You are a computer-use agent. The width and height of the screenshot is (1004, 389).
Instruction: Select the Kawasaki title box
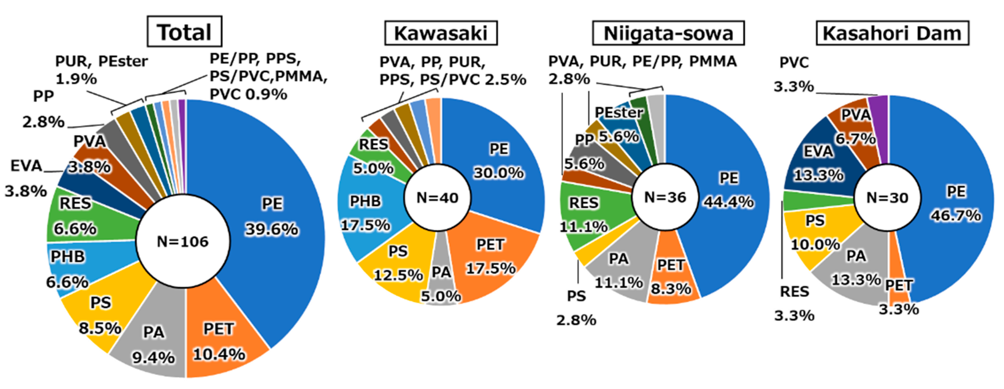[x=440, y=33]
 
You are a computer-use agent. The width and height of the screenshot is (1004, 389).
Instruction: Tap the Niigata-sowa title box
[x=668, y=33]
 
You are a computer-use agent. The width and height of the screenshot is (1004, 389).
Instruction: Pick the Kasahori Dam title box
[x=892, y=33]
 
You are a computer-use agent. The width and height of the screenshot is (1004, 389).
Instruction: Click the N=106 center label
[x=182, y=242]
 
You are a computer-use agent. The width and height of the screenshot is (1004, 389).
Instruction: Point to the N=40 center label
[x=437, y=198]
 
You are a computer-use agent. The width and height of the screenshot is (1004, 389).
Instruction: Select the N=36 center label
[x=665, y=197]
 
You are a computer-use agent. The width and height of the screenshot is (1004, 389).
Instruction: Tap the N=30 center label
[x=887, y=198]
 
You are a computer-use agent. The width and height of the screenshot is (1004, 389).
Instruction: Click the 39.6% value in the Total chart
[x=272, y=230]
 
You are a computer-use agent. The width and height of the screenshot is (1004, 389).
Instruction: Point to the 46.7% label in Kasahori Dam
[x=956, y=215]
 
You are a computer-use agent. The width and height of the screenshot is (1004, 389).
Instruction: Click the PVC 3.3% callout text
[x=794, y=74]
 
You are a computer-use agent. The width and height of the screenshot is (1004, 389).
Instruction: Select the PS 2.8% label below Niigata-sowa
[x=576, y=308]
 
